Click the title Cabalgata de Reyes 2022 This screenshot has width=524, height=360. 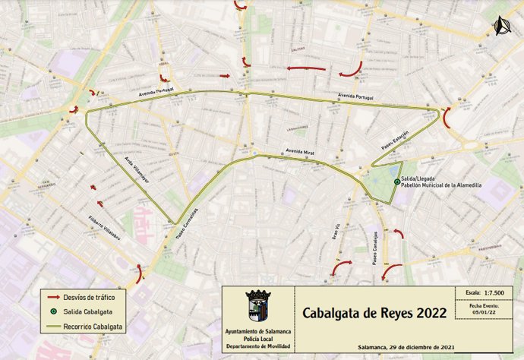pyautogui.click(x=363, y=313)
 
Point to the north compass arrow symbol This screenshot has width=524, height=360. pyautogui.click(x=499, y=27)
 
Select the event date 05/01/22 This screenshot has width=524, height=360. pyautogui.click(x=483, y=311)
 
